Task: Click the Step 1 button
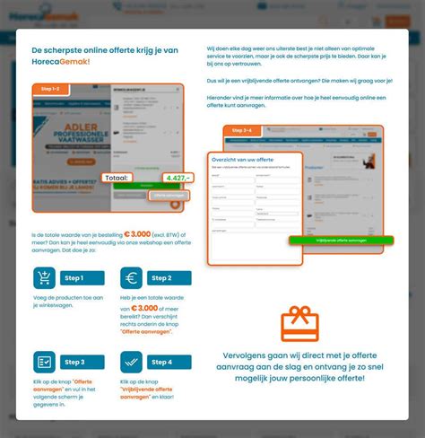coord(82,278)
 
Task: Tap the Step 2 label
coord(169,278)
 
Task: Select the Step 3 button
coord(82,362)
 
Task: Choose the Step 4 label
coord(169,362)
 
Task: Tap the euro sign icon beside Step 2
coord(132,279)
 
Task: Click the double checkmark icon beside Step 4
coord(132,363)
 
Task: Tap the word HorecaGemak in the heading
coord(61,62)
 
